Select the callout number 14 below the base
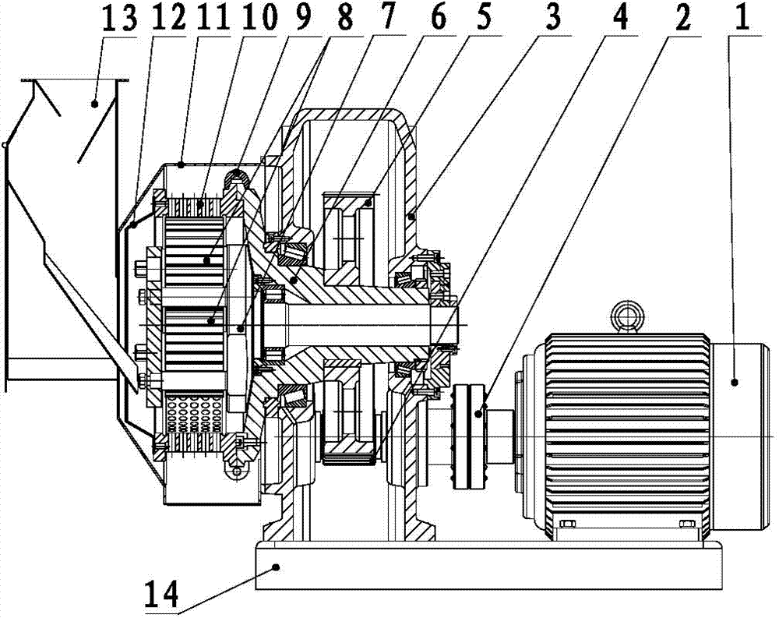click(x=161, y=594)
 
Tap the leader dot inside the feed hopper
click(x=94, y=104)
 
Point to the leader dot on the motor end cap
click(x=735, y=382)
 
